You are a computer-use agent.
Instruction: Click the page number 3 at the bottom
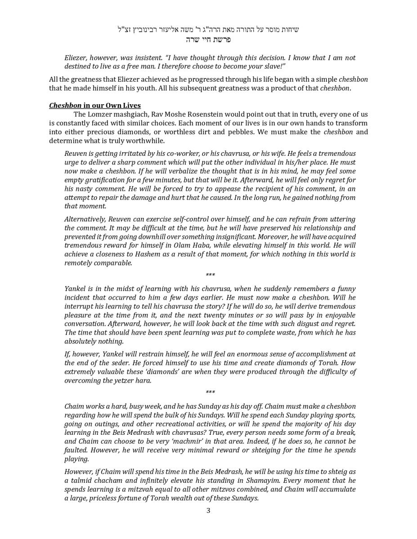[x=208, y=510]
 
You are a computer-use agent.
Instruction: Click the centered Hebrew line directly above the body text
[x=208, y=39]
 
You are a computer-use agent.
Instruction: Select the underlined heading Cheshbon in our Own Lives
[x=95, y=106]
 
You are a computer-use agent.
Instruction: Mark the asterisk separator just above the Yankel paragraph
[x=210, y=275]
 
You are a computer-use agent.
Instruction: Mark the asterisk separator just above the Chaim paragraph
[x=210, y=392]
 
